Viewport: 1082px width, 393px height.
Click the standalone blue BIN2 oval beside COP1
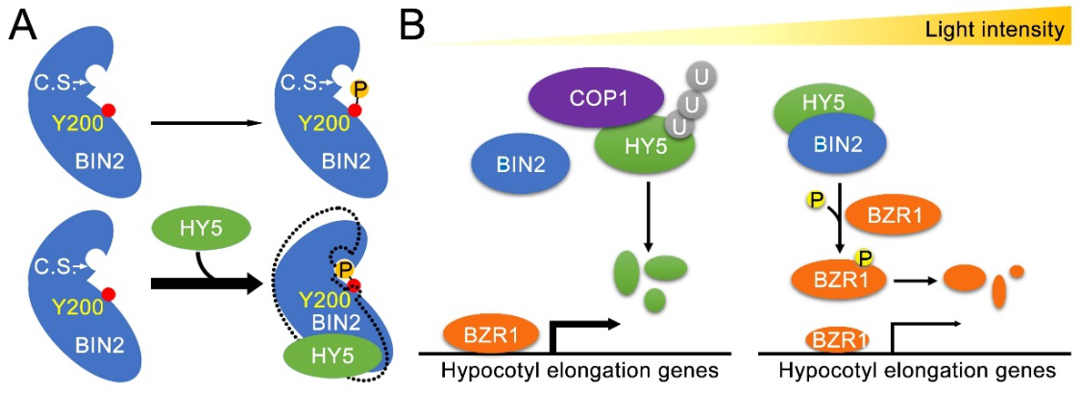pos(519,165)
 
